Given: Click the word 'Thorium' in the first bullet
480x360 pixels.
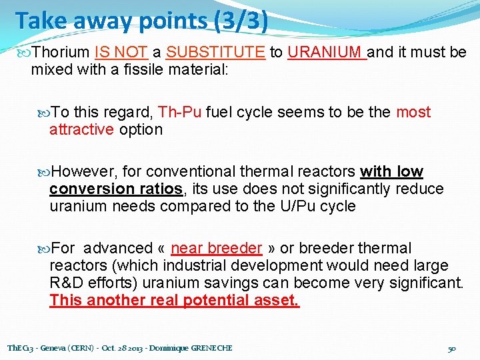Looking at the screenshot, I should tap(61, 52).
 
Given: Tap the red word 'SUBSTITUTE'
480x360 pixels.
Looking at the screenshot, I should tap(215, 52).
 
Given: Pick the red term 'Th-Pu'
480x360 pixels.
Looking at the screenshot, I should tap(180, 112).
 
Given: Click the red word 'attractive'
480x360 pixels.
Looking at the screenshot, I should tap(81, 129).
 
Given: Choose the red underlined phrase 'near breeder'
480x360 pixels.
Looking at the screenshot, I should tap(216, 249).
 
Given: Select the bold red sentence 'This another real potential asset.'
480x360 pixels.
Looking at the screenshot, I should tap(174, 301).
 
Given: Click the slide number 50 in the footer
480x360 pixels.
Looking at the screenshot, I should tap(451, 349).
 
